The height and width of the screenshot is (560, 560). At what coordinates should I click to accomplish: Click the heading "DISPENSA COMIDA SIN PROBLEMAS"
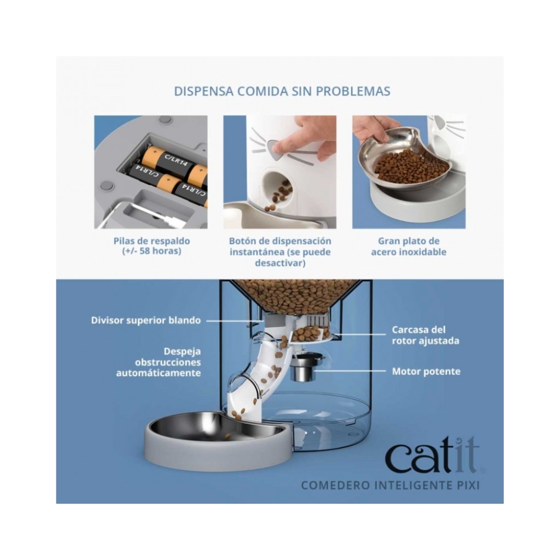point(282,91)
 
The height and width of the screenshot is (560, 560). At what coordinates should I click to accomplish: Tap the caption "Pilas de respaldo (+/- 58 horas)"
point(152,246)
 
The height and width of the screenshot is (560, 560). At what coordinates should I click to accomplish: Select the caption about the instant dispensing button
point(280,252)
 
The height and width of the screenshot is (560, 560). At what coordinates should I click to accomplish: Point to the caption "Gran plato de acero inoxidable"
point(409,247)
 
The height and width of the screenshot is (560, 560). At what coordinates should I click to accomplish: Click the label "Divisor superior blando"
point(145,320)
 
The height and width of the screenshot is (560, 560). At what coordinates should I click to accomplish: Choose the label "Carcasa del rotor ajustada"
point(425,335)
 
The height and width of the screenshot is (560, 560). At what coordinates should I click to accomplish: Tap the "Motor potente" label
point(426,371)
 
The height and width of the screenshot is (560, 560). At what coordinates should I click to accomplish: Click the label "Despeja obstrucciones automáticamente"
point(159,362)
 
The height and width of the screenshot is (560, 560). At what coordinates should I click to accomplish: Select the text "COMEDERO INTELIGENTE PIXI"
point(390,486)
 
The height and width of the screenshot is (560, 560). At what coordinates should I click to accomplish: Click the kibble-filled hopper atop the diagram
point(296,295)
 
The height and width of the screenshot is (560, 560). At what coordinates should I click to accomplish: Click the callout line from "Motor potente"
point(349,371)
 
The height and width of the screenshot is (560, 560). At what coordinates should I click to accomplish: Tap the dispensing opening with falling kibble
point(277,188)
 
